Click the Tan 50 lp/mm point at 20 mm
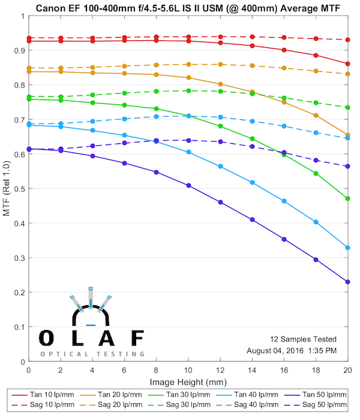point(348,282)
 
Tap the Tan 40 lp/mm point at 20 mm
point(348,248)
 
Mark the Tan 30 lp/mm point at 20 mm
point(348,199)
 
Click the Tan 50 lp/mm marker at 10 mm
point(188,185)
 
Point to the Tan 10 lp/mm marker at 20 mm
point(348,64)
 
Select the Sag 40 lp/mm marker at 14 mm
point(252,121)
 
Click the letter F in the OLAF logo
point(137,338)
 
